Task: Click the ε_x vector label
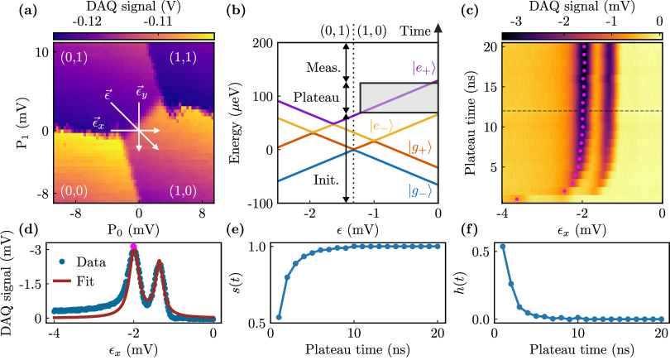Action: tap(98, 124)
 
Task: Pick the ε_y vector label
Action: tap(141, 93)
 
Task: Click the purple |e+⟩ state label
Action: tap(424, 69)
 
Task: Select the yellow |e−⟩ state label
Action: tap(381, 126)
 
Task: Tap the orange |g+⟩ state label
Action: tap(420, 148)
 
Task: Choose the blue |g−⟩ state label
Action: tap(420, 191)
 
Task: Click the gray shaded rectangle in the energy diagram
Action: tap(399, 98)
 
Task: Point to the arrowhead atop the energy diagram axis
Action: tap(438, 27)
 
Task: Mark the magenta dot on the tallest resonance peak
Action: tap(133, 246)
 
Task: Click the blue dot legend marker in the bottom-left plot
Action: tap(62, 262)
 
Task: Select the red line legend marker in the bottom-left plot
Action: tap(62, 281)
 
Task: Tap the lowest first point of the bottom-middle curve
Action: tap(279, 317)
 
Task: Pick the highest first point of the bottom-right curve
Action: tap(503, 247)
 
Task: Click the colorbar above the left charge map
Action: tap(133, 36)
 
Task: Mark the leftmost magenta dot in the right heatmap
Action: tap(517, 199)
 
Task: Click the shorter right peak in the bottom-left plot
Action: tap(159, 265)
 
